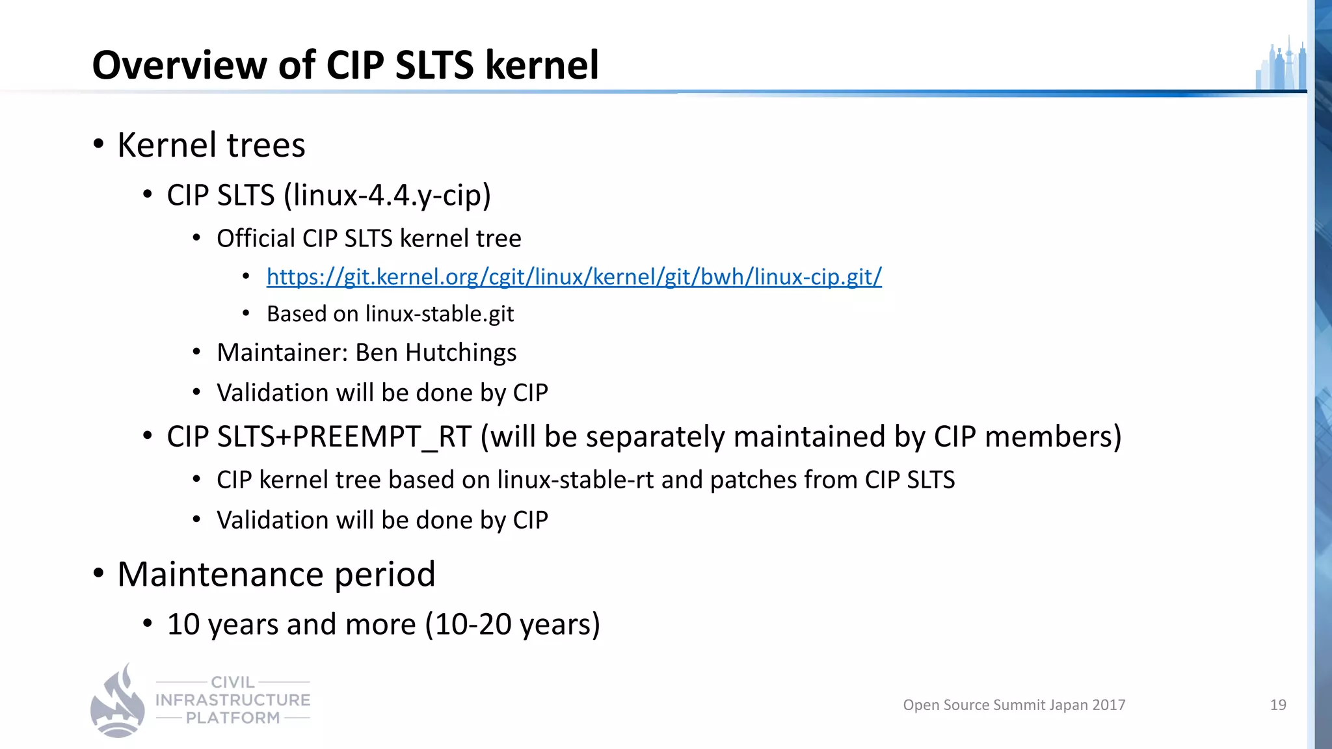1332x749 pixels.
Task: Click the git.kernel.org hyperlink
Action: [x=574, y=277]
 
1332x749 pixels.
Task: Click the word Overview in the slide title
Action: [x=180, y=65]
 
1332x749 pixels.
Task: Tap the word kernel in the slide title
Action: [x=542, y=65]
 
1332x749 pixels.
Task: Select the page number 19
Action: [x=1278, y=705]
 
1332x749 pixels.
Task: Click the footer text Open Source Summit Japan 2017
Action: [x=1014, y=705]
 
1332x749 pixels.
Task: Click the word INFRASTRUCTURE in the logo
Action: [x=233, y=700]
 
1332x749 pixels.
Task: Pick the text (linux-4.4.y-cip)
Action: [x=387, y=195]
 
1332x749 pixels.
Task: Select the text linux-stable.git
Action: [x=440, y=314]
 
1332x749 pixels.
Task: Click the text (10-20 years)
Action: [x=513, y=624]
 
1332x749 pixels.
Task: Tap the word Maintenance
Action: [x=220, y=574]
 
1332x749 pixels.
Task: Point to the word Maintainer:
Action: [x=283, y=352]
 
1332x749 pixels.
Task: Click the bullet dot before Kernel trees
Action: [x=98, y=144]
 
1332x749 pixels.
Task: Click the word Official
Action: [x=256, y=239]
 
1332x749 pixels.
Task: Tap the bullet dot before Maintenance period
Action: [x=98, y=574]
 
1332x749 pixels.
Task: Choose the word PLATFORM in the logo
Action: [x=233, y=718]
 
